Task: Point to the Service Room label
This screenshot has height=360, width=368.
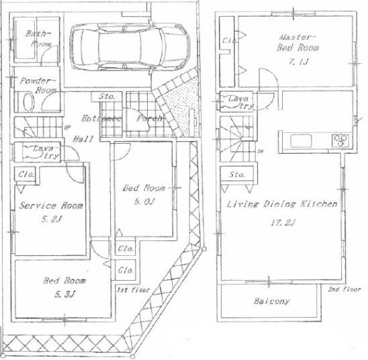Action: [46, 206]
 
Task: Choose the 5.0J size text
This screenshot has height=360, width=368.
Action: [142, 199]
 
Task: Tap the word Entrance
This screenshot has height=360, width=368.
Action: [101, 119]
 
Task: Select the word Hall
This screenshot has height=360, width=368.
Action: [84, 138]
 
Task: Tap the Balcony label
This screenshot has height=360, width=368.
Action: [272, 302]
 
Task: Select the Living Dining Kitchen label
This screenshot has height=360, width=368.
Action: [281, 204]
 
